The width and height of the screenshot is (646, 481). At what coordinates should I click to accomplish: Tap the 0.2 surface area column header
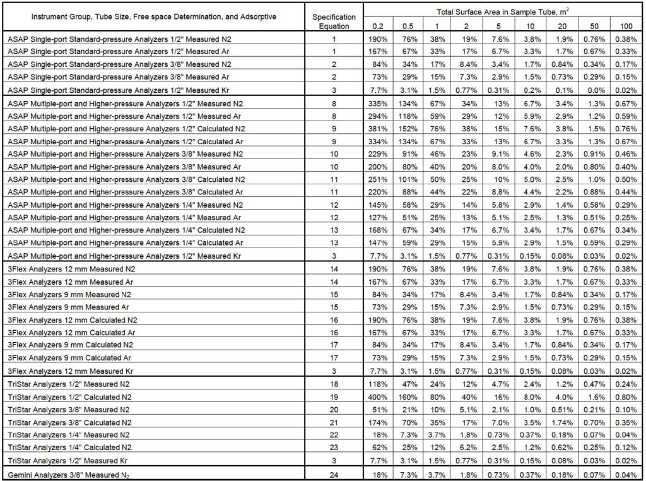point(377,25)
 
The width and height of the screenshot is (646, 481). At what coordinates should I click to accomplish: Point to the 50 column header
point(594,25)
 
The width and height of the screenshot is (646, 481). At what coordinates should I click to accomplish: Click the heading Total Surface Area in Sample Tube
point(503,11)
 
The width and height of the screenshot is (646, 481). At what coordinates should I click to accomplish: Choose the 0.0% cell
point(594,90)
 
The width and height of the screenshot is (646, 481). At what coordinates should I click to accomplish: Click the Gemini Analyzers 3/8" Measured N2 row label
point(69,475)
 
